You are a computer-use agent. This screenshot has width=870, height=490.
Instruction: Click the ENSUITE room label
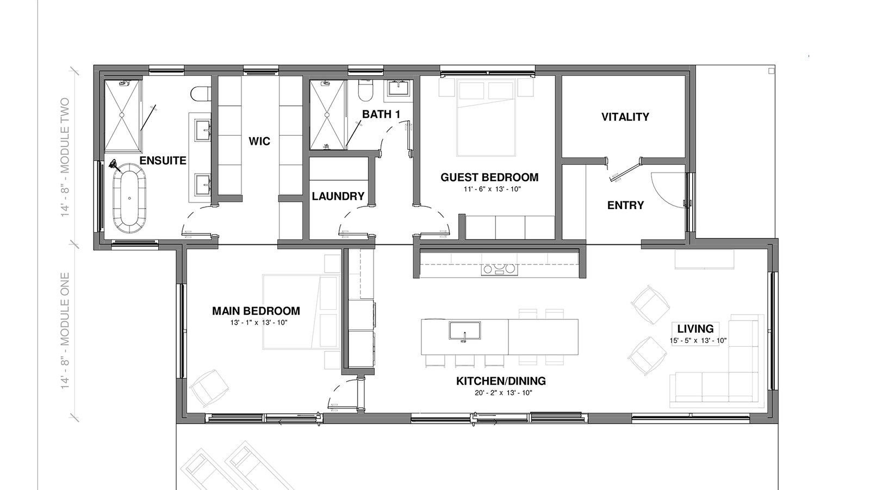[x=163, y=161]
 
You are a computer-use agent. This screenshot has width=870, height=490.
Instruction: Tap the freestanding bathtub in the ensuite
[x=130, y=198]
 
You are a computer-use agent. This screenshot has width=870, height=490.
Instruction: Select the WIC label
[x=259, y=141]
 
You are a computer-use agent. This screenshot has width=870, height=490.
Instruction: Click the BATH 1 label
[x=381, y=114]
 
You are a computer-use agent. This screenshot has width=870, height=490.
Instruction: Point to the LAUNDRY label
[x=338, y=197]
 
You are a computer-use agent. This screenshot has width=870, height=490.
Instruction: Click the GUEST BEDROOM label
[x=489, y=177]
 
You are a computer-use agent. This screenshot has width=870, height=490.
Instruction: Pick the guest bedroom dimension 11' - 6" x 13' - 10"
[x=492, y=189]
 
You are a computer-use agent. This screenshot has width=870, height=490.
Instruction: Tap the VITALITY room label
[x=625, y=117]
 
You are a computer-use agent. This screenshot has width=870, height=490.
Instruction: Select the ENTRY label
[x=625, y=205]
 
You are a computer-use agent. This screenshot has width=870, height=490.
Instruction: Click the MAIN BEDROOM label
[x=256, y=311]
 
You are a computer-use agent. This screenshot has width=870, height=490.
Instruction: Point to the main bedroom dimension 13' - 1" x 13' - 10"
[x=259, y=323]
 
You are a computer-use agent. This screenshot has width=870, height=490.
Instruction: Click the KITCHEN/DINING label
[x=501, y=381]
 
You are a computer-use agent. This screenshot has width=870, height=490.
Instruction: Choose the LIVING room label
[x=695, y=329]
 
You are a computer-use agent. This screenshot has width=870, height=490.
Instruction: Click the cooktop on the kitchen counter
[x=500, y=269]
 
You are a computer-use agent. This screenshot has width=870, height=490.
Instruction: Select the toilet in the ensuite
[x=201, y=93]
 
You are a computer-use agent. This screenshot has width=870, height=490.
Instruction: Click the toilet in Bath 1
[x=365, y=90]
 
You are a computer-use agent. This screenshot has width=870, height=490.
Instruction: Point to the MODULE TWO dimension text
[x=65, y=157]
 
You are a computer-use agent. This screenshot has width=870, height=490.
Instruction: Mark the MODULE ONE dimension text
[x=65, y=331]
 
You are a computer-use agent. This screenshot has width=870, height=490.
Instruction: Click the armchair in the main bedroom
[x=209, y=387]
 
